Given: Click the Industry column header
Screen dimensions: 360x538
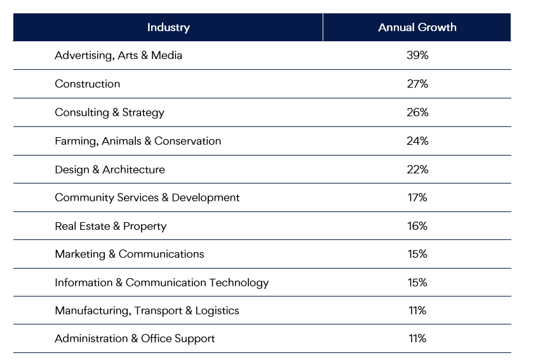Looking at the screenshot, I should click(x=168, y=27).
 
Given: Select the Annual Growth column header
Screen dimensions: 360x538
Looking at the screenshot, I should click(x=417, y=27).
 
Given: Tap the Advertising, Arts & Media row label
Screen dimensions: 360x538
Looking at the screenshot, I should click(x=118, y=55).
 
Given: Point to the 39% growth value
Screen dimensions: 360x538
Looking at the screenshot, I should click(x=417, y=55).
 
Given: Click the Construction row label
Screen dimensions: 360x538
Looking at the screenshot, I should click(x=87, y=84).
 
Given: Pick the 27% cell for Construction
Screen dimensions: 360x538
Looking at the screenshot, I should click(x=417, y=84).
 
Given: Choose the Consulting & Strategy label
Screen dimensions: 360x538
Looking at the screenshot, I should click(x=109, y=112).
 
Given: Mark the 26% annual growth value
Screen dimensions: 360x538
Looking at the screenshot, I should click(x=417, y=112).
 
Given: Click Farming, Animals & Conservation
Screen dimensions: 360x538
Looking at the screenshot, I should click(x=138, y=141).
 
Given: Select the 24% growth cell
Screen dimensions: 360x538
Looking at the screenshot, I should click(x=417, y=141).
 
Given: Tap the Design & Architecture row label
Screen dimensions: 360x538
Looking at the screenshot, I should click(x=109, y=170).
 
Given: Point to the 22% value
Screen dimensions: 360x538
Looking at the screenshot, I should click(x=417, y=170).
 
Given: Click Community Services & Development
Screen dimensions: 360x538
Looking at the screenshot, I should click(x=147, y=197).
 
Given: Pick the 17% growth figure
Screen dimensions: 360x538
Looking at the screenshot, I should click(x=417, y=197).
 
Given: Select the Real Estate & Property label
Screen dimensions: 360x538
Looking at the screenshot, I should click(x=111, y=226).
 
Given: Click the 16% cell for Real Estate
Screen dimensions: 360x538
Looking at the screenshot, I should click(x=417, y=226).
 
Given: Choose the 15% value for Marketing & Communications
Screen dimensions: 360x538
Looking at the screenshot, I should click(x=417, y=254).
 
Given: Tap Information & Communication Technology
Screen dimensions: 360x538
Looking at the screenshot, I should click(x=161, y=283).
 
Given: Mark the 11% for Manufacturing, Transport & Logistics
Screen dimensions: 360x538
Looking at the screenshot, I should click(x=417, y=310).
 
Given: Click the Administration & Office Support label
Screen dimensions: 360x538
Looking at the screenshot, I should click(x=135, y=338).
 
